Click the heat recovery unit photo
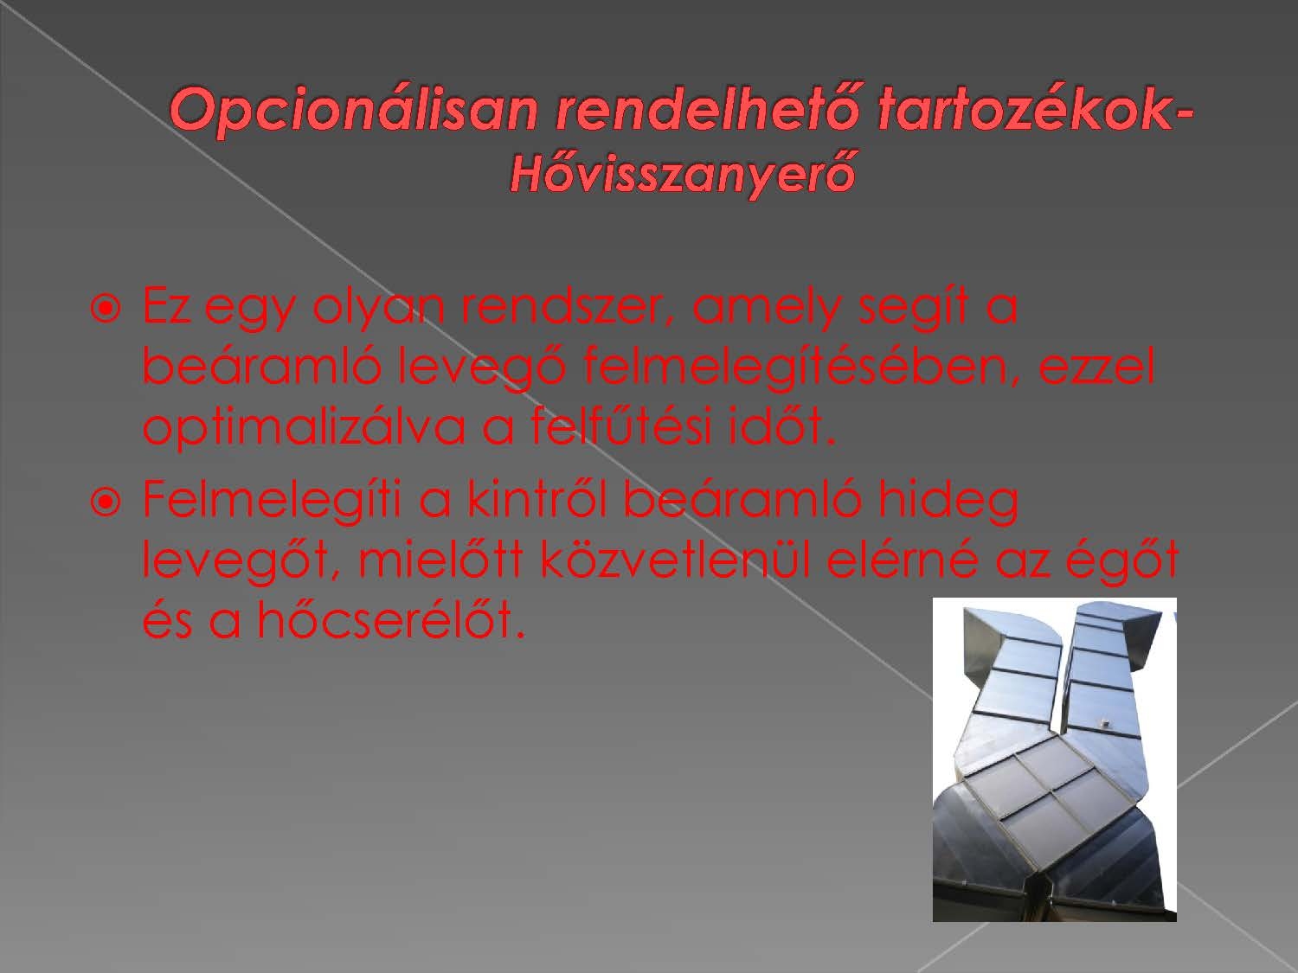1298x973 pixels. tap(1054, 759)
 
